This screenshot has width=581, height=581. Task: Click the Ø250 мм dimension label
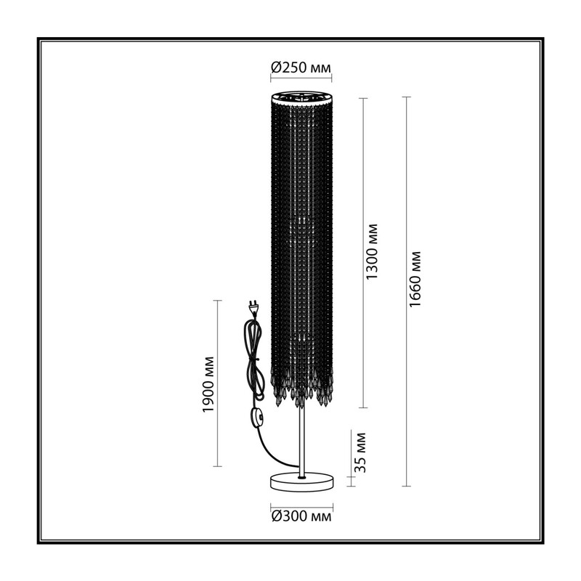301,68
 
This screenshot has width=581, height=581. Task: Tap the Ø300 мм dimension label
301,516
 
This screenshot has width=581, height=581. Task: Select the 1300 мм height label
372,252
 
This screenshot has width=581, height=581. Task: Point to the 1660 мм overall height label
415,279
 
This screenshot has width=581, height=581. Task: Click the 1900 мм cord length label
208,384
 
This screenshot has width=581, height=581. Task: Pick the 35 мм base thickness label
359,452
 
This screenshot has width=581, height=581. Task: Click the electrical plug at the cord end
254,306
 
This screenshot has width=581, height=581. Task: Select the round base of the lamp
301,482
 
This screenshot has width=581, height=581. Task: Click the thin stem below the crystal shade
301,440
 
